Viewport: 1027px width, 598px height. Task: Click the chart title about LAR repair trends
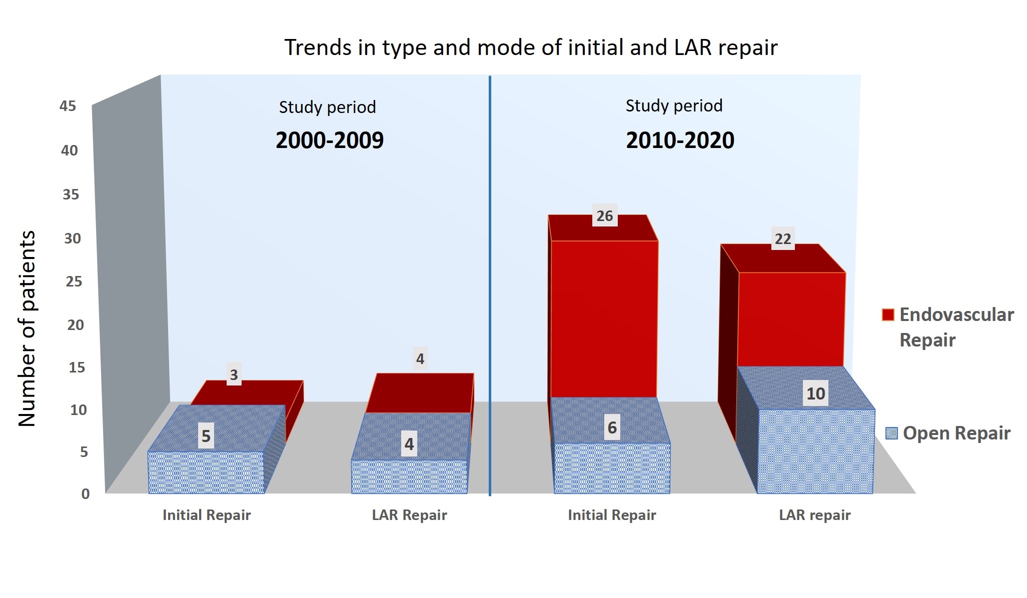[531, 48]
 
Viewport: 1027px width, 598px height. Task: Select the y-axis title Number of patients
[27, 328]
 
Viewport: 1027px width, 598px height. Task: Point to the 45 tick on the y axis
[68, 106]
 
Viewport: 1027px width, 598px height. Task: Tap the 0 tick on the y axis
[86, 494]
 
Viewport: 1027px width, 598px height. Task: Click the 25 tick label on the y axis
[74, 281]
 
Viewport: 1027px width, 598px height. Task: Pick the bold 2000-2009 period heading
[330, 140]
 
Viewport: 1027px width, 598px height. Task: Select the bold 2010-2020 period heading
[680, 140]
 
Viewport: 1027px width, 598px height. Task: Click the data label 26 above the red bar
[605, 215]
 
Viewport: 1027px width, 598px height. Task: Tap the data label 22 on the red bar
[783, 238]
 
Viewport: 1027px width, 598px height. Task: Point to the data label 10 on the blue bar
[815, 393]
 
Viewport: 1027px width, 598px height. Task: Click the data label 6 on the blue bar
[612, 428]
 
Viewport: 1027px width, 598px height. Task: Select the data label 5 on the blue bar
[206, 436]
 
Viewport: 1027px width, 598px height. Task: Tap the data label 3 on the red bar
[234, 374]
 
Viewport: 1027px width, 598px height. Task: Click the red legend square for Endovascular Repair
[888, 314]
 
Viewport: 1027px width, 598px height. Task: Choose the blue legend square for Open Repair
[891, 433]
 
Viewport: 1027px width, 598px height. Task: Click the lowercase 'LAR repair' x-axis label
[814, 515]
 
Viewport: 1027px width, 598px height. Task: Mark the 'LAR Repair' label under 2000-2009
[409, 515]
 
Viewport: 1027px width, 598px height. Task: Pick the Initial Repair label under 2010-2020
[612, 515]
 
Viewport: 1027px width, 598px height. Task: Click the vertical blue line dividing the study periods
[490, 285]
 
